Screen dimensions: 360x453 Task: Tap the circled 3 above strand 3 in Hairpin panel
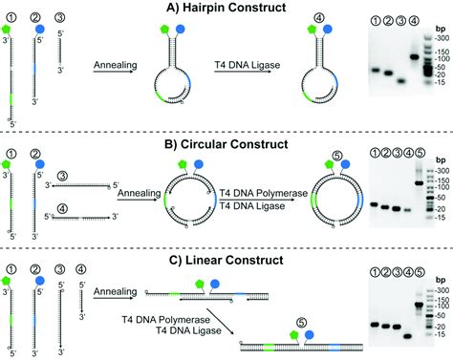click(60, 19)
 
